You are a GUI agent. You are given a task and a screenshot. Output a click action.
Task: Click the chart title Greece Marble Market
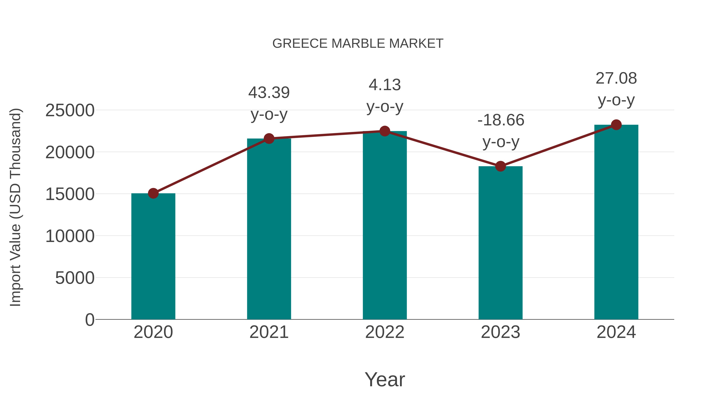358,44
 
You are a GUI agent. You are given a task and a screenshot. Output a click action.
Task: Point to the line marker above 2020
153,193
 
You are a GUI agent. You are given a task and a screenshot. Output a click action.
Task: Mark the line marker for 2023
500,166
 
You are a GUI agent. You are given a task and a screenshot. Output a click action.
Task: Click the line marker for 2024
616,125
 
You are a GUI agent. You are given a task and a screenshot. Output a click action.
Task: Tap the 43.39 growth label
269,93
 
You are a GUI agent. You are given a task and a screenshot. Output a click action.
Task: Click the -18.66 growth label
501,120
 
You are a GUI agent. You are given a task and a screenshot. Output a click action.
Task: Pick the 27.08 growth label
616,78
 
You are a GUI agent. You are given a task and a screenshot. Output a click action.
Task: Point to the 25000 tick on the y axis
70,110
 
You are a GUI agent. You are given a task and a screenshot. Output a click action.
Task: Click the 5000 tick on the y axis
75,278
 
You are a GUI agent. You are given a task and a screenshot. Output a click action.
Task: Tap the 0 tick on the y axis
89,320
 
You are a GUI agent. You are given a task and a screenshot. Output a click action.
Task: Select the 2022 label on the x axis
385,332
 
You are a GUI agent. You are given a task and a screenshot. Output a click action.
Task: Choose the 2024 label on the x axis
616,332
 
